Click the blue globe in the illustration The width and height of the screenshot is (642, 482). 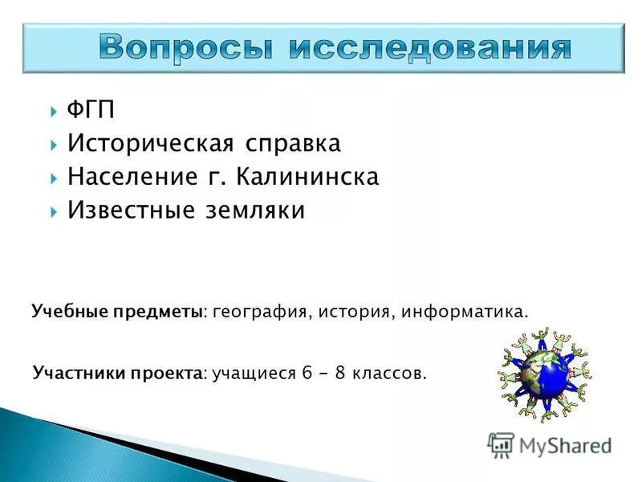(542, 373)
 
